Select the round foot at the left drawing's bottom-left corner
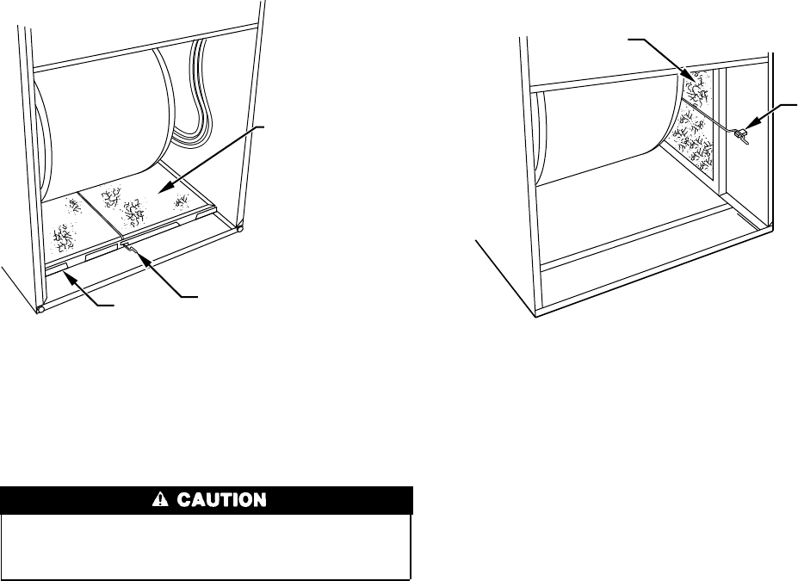point(40,308)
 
